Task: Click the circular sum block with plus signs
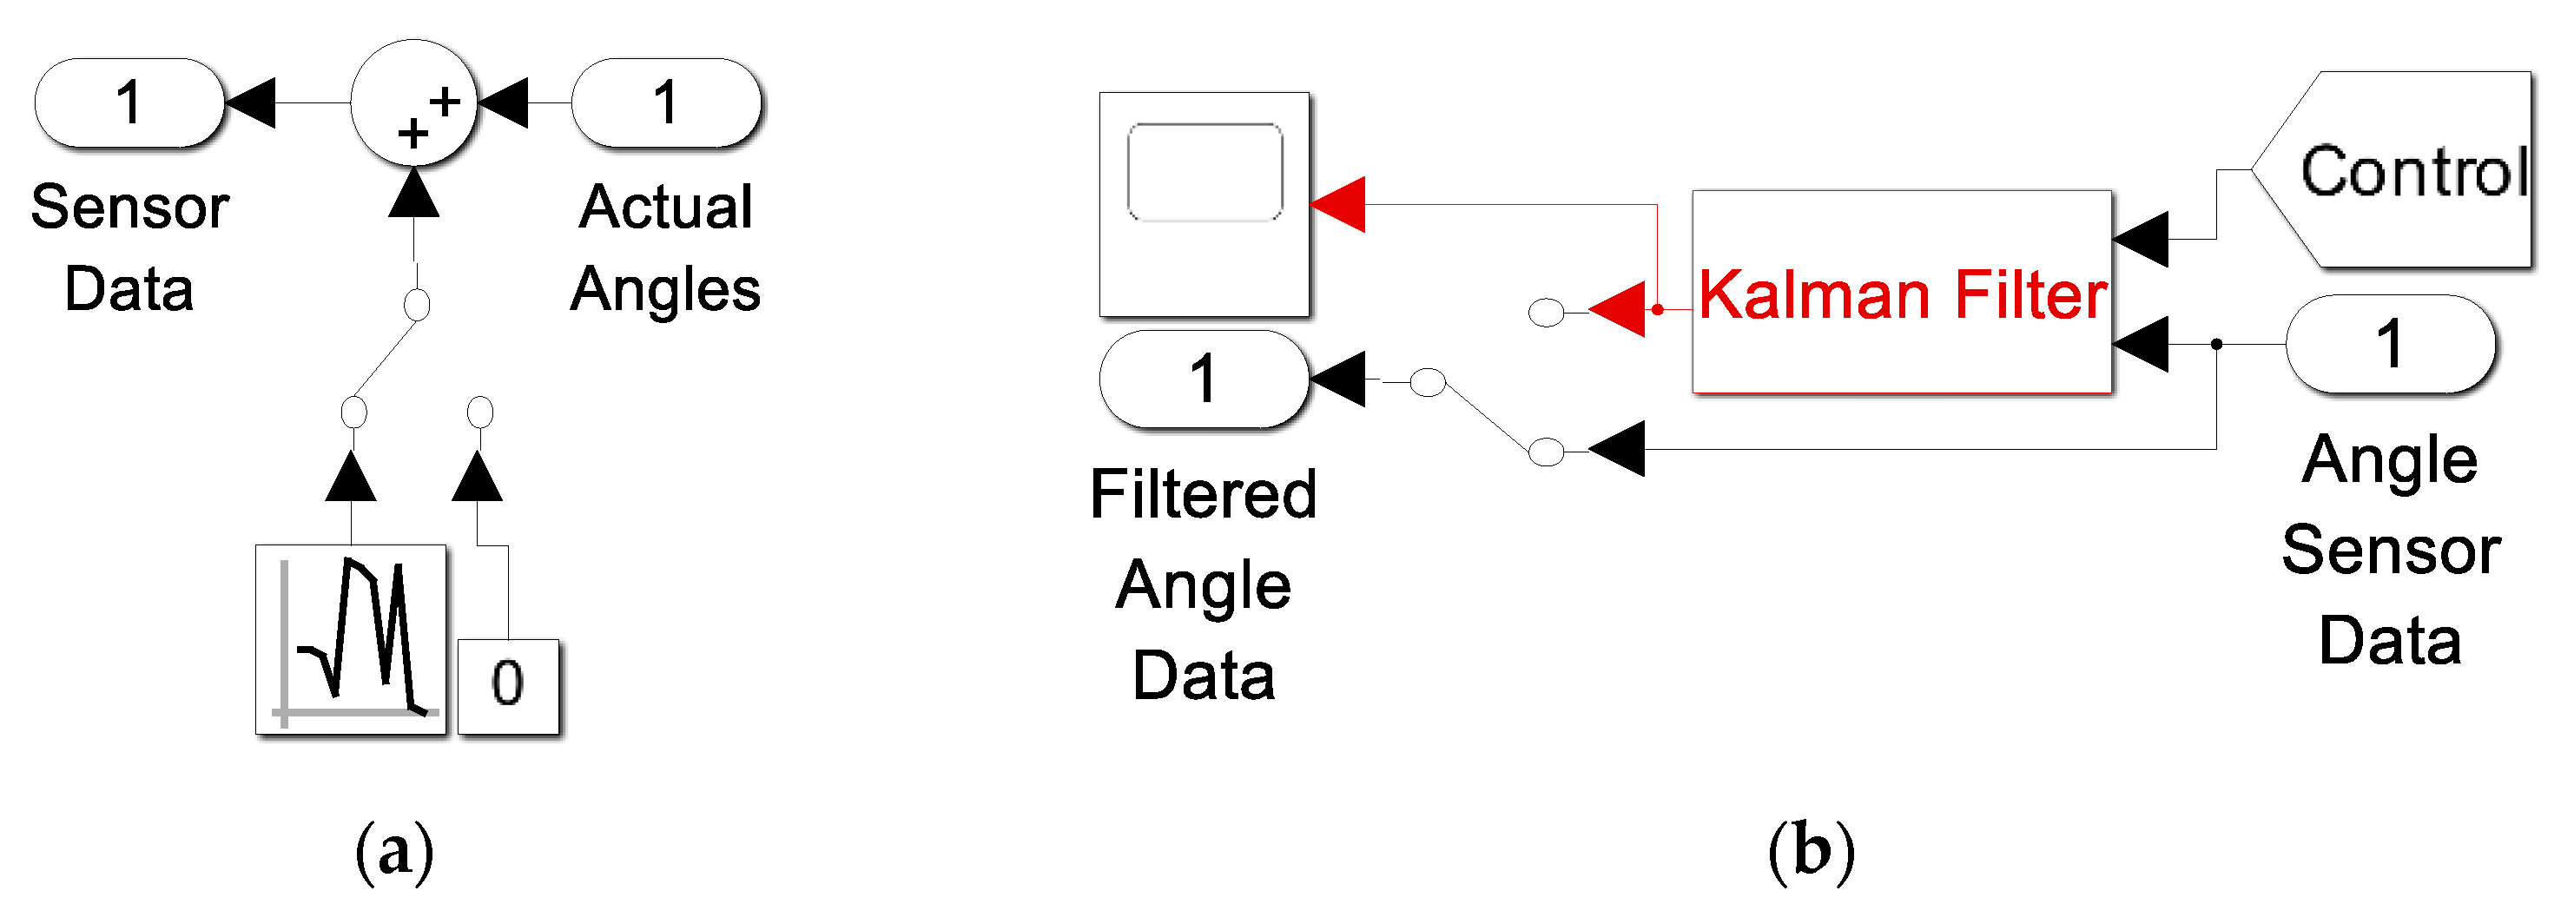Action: coord(413,102)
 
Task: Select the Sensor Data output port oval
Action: coord(128,102)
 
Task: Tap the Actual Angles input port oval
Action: coord(666,102)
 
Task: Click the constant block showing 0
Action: coord(508,685)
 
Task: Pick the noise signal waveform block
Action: coord(351,638)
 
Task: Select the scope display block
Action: coord(1204,205)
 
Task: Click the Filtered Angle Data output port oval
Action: coord(1203,379)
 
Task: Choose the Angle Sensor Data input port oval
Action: coord(2389,344)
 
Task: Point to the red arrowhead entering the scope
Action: coord(1338,205)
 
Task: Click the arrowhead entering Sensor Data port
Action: coord(251,102)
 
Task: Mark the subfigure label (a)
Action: coord(394,851)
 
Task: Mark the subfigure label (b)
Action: coord(1811,851)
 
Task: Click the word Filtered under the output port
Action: coord(1203,493)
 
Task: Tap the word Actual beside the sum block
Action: coord(665,207)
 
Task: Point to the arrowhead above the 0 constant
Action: coord(478,477)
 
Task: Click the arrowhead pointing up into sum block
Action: coord(413,194)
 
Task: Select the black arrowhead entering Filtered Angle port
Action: coord(1338,379)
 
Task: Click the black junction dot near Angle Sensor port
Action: coord(2216,344)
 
